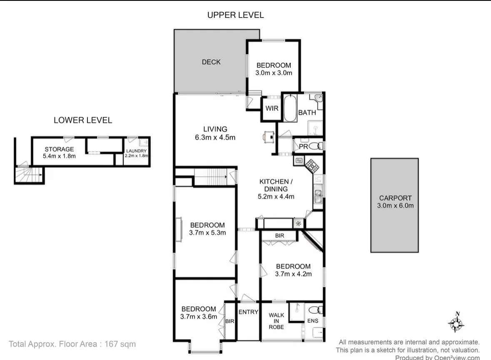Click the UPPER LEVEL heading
[235, 15]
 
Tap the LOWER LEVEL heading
[83, 120]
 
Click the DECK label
[211, 62]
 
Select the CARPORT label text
[395, 198]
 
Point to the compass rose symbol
[456, 322]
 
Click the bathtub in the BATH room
[290, 108]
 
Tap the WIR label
[272, 108]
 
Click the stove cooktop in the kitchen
[312, 165]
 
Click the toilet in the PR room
[316, 146]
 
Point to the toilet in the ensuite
[316, 310]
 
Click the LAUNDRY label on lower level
[136, 151]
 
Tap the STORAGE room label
[59, 149]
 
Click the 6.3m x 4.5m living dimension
[215, 137]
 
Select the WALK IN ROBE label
[276, 321]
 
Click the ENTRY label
[248, 312]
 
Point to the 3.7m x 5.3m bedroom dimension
[207, 233]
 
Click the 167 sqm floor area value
[120, 344]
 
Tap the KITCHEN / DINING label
[276, 185]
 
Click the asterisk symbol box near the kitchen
[299, 224]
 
